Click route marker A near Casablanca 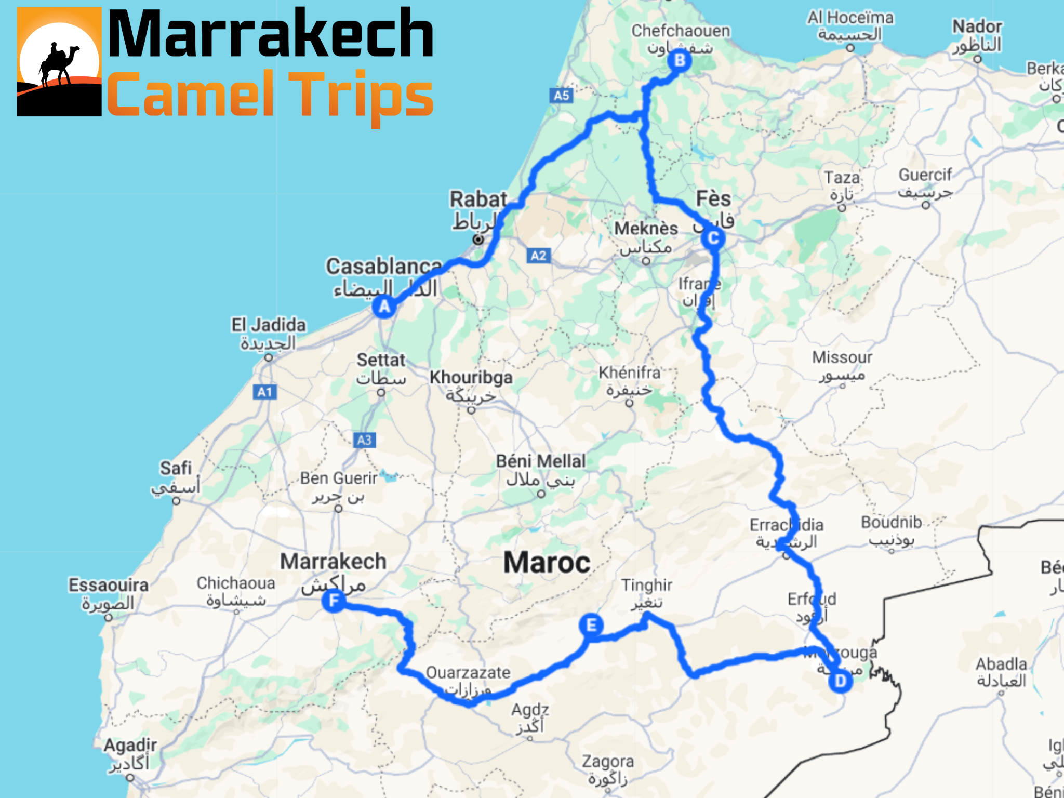click(x=384, y=306)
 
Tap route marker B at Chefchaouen click(x=680, y=61)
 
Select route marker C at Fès click(x=713, y=238)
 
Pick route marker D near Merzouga click(x=840, y=681)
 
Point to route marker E click(x=591, y=625)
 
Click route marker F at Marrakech click(x=334, y=601)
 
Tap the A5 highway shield click(x=561, y=96)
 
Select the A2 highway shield click(x=538, y=256)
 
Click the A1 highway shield click(x=265, y=392)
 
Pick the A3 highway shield click(x=364, y=440)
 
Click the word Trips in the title click(x=361, y=96)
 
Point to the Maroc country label click(x=547, y=563)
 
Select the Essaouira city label click(x=109, y=585)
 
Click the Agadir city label click(x=130, y=746)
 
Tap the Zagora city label click(x=608, y=762)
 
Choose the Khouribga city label click(x=471, y=378)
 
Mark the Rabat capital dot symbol click(x=478, y=240)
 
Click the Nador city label click(x=977, y=26)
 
